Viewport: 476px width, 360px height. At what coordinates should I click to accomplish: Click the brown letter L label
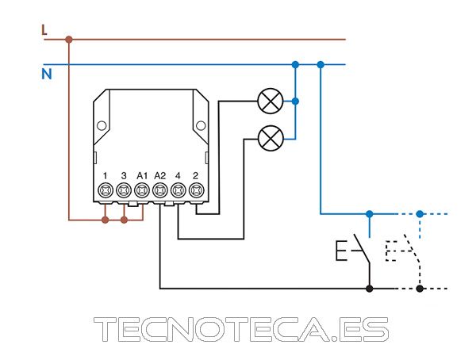pos(44,30)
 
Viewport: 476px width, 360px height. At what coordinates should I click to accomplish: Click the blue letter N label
pos(47,74)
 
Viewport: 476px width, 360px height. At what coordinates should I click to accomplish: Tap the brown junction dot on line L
pos(69,39)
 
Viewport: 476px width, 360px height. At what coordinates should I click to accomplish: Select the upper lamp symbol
pos(271,101)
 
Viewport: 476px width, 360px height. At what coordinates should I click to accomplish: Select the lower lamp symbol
pos(271,139)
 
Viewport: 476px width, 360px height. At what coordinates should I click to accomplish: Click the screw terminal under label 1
pos(106,190)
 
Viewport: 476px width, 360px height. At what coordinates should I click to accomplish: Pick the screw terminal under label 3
pos(124,190)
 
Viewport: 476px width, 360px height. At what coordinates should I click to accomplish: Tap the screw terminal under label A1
pos(142,190)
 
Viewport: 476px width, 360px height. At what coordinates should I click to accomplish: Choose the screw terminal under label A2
pos(160,190)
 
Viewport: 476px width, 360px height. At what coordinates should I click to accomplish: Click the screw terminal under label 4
pos(178,190)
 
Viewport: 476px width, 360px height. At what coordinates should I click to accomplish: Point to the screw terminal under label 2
pos(196,190)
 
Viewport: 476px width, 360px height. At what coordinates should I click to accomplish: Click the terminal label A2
pos(160,176)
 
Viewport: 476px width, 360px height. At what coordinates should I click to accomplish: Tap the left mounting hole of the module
pos(102,125)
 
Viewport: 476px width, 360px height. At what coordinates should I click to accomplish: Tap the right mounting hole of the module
pos(201,125)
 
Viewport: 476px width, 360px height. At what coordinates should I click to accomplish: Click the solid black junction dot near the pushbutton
pos(370,289)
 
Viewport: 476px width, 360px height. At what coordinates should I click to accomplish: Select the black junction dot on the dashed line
pos(420,289)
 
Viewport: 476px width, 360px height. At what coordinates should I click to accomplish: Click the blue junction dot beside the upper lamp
pos(295,101)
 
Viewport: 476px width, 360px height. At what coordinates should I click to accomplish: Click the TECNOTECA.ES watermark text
pos(241,329)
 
